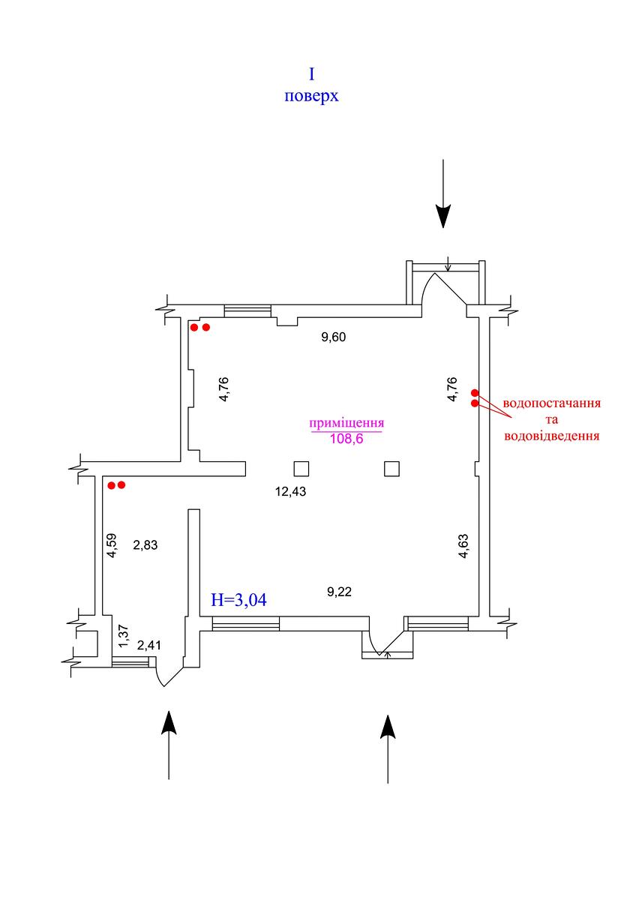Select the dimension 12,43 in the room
click(292, 492)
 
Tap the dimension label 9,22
click(340, 592)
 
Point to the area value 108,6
click(346, 439)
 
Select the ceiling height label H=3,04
click(239, 600)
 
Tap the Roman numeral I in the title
click(311, 73)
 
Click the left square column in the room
click(301, 469)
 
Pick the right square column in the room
click(391, 469)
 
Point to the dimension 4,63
click(464, 545)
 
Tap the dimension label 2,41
click(149, 644)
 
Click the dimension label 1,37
click(124, 637)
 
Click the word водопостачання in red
click(553, 403)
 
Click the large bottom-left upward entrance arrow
click(169, 744)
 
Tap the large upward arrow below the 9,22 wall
click(388, 748)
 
